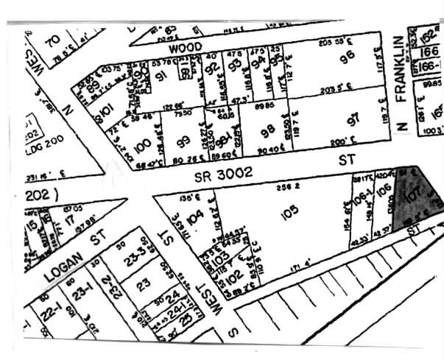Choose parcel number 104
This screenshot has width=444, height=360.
[x=194, y=218]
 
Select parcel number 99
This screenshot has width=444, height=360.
[x=184, y=140]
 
